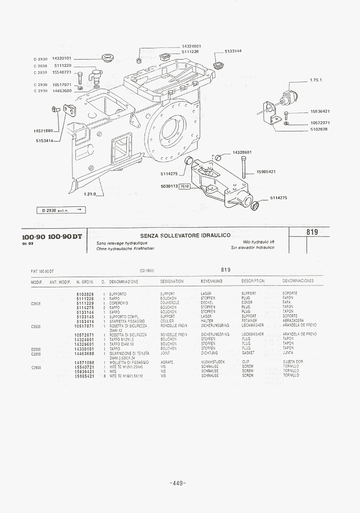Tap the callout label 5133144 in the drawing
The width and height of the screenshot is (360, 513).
click(x=233, y=51)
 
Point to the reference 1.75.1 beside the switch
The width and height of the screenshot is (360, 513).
click(x=316, y=80)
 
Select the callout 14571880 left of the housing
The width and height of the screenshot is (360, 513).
click(x=43, y=131)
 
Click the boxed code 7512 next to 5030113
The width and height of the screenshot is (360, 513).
click(x=185, y=186)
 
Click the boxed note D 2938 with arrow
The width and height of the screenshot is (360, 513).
click(x=61, y=210)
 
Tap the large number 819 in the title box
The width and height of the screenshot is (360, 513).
click(x=313, y=232)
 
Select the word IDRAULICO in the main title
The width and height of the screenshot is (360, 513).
click(x=210, y=235)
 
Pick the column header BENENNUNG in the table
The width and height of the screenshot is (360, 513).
click(x=211, y=281)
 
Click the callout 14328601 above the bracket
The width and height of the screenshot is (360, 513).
click(x=242, y=152)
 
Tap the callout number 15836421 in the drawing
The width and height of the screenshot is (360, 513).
click(x=320, y=112)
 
